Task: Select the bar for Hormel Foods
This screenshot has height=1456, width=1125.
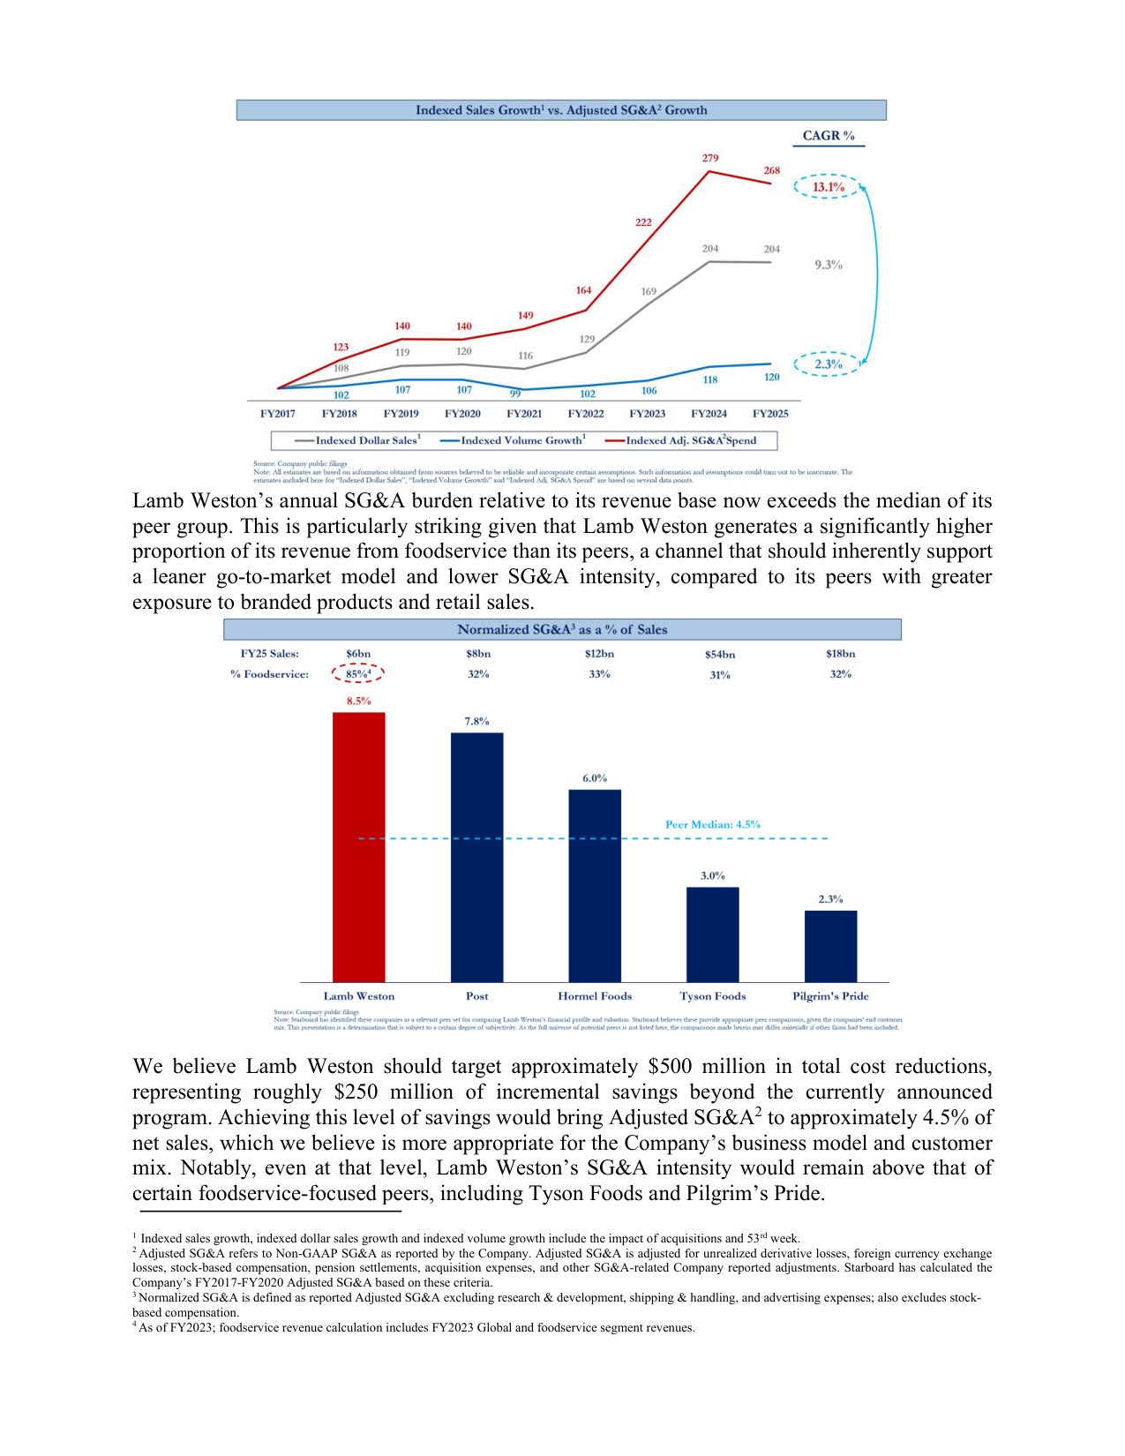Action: point(594,885)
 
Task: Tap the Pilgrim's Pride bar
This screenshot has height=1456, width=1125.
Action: point(830,945)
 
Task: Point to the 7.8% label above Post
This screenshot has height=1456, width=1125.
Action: point(476,721)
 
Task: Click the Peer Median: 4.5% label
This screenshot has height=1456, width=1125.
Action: point(712,824)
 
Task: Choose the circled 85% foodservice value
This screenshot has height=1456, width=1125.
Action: point(357,674)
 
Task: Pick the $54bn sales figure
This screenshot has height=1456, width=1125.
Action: point(719,654)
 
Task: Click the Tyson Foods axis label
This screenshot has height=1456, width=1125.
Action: point(712,996)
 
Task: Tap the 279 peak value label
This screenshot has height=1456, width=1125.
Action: point(710,159)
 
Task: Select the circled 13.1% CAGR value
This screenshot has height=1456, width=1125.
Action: point(828,187)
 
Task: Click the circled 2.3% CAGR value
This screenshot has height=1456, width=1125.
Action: point(828,364)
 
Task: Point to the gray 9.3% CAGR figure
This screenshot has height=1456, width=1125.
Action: point(828,265)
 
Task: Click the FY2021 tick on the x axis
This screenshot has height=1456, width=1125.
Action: point(524,413)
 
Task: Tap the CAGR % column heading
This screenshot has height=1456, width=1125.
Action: point(828,136)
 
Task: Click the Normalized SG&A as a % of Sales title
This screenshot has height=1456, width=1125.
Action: point(562,629)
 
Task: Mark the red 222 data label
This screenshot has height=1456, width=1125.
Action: point(643,222)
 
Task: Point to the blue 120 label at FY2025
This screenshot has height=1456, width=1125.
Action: point(771,378)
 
